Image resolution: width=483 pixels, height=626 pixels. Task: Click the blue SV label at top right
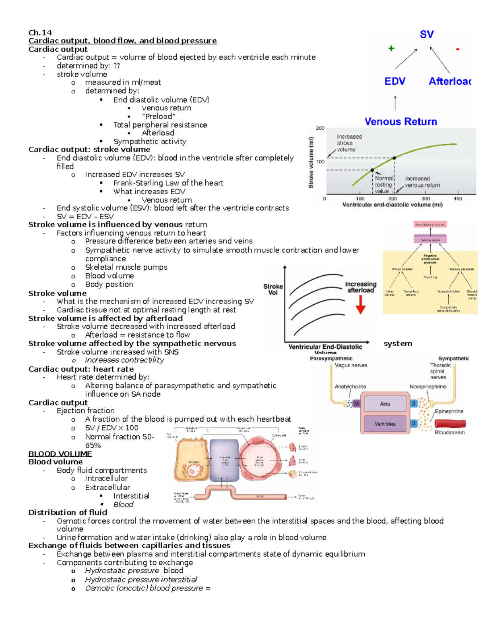(x=427, y=35)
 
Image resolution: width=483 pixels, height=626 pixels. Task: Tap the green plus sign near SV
(x=391, y=49)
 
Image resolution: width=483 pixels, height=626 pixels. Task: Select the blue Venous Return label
(x=400, y=122)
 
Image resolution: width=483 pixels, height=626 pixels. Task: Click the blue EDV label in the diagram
(x=394, y=81)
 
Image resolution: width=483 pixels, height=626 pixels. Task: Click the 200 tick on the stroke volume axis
(x=320, y=128)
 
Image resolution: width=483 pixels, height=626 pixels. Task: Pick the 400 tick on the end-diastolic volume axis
(x=458, y=199)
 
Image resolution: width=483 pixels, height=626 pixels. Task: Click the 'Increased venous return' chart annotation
(x=422, y=182)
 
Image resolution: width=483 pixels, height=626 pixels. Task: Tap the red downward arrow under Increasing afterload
(x=361, y=304)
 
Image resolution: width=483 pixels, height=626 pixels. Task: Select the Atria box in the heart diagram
(x=385, y=403)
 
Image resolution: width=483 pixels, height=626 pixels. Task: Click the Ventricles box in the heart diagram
(x=385, y=424)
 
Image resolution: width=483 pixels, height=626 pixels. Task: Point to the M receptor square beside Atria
(x=356, y=403)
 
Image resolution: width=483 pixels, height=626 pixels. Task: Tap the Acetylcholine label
(x=350, y=387)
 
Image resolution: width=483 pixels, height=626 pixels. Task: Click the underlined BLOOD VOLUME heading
(x=60, y=454)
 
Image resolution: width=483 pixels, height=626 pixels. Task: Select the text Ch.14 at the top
(x=40, y=33)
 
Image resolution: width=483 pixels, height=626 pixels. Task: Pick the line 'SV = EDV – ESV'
(x=85, y=216)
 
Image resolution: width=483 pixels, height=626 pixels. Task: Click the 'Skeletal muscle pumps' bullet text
(x=126, y=267)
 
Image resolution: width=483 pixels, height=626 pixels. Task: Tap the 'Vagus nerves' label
(x=351, y=366)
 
